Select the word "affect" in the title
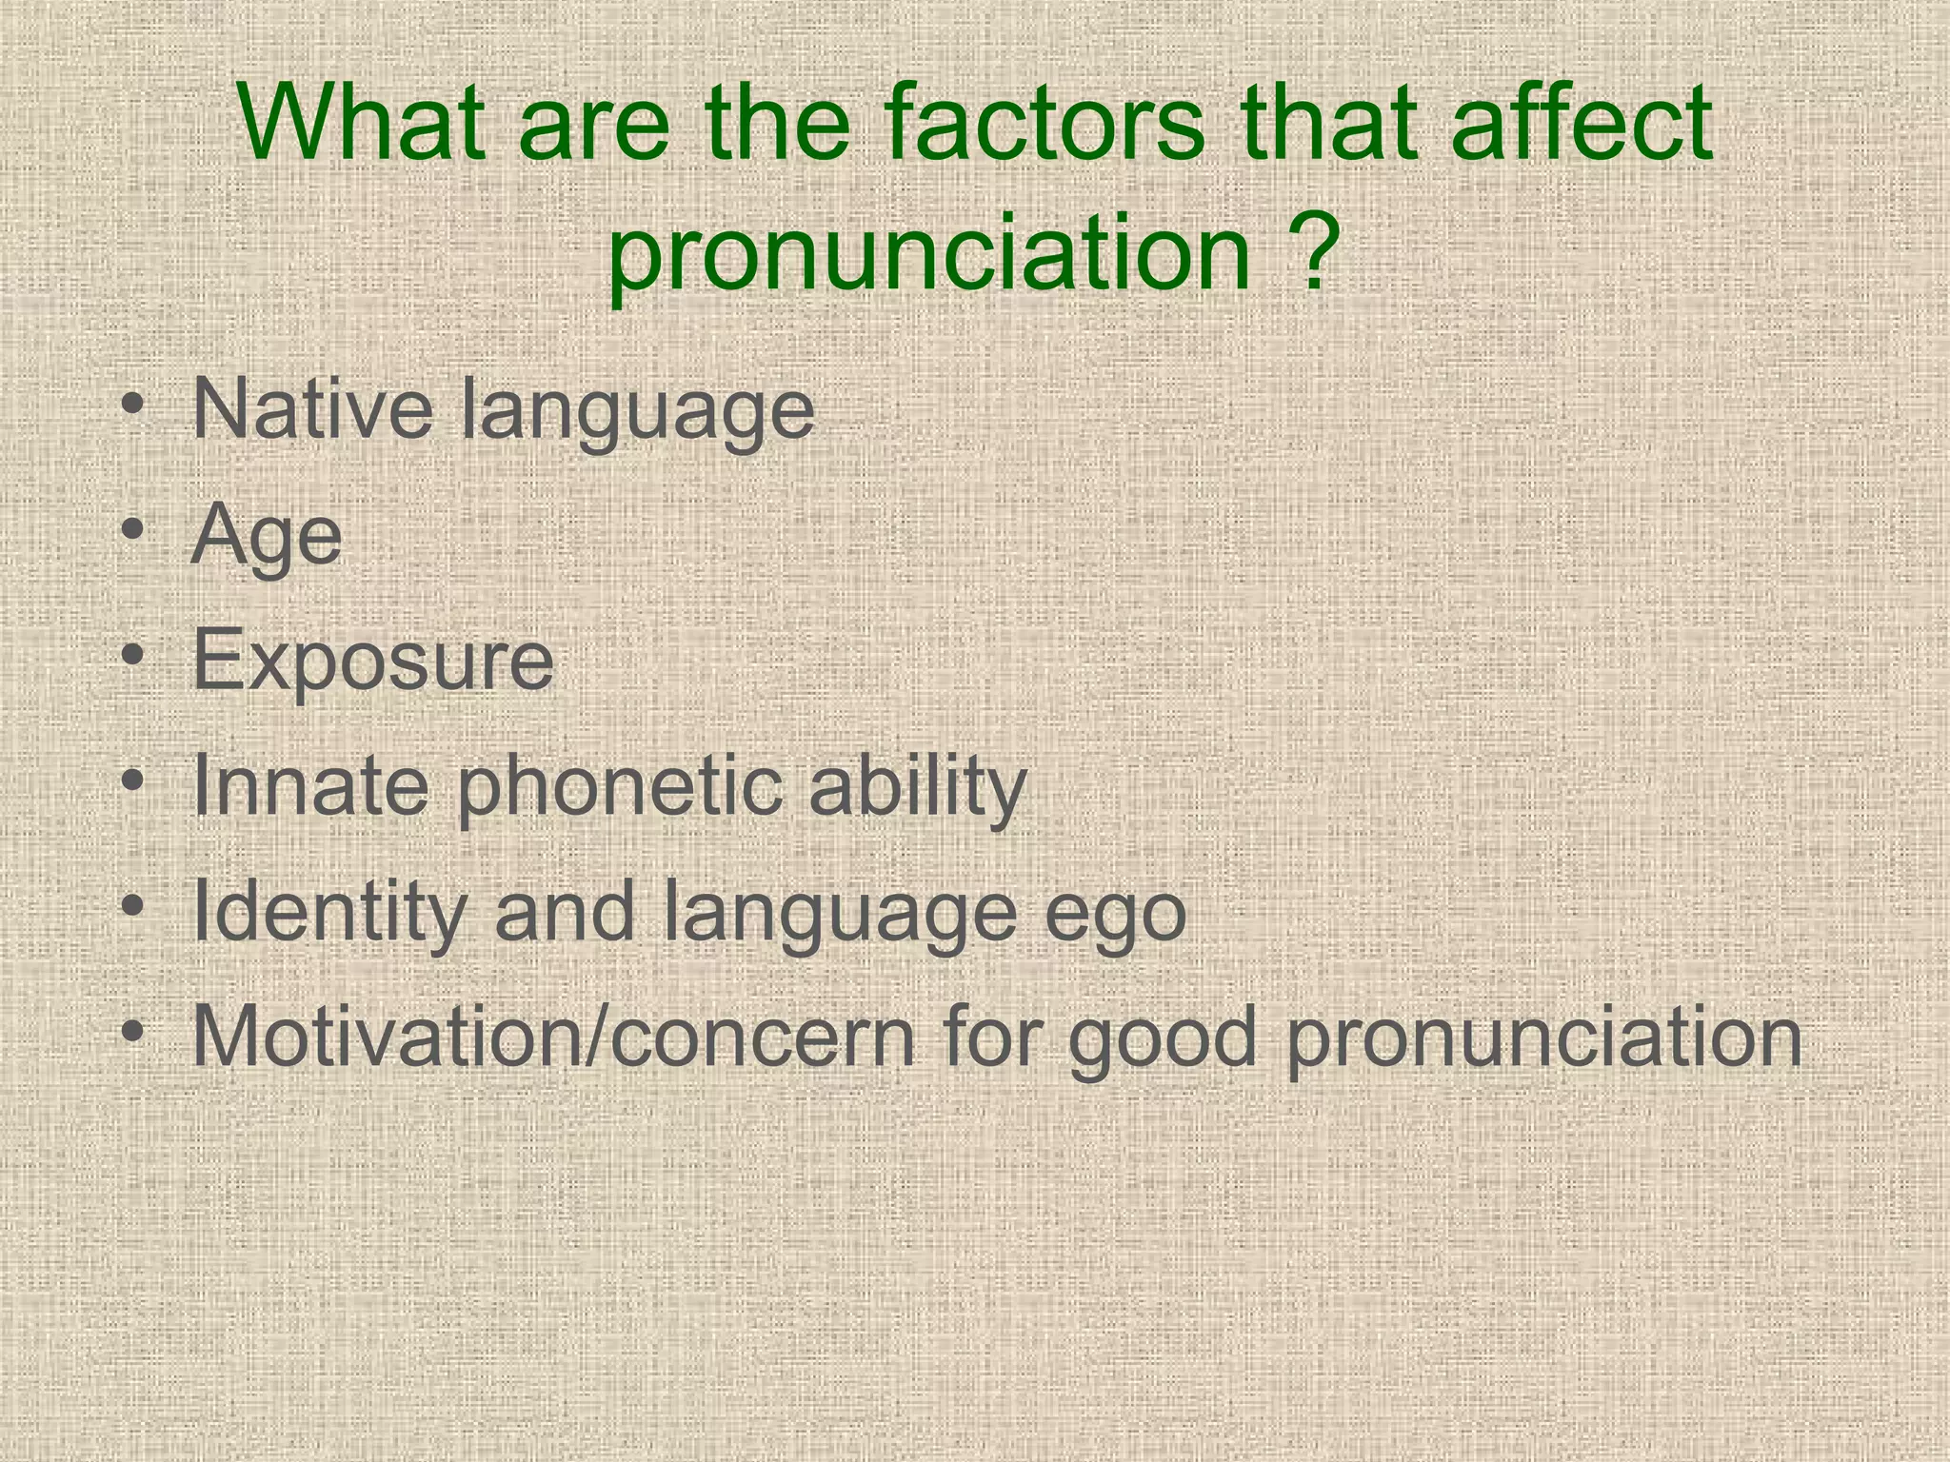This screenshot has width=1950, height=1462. pos(1581,124)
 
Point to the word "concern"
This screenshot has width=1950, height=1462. pos(762,1037)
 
